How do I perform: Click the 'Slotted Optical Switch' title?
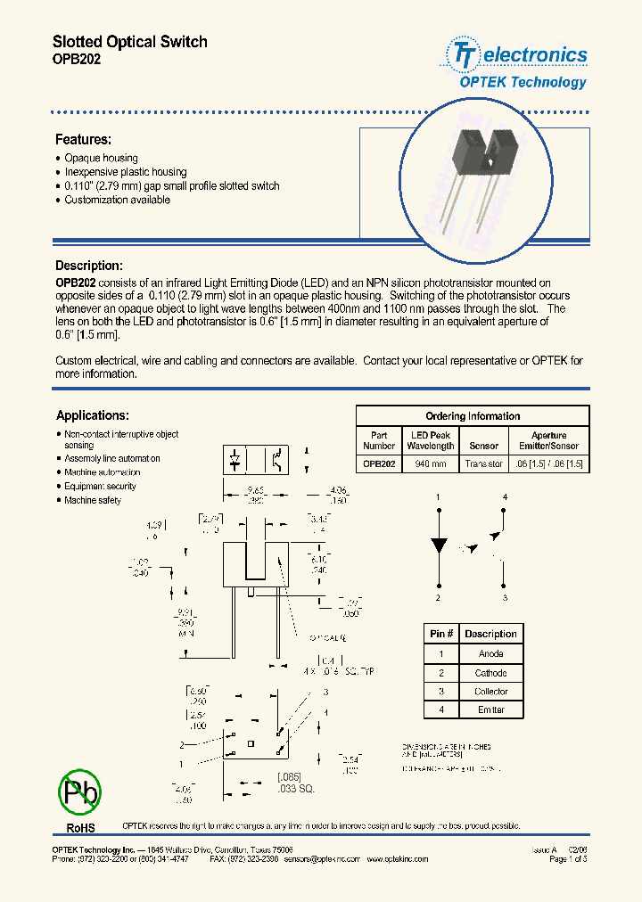(x=129, y=42)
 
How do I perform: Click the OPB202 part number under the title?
(x=77, y=59)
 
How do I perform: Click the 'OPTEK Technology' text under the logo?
(x=523, y=82)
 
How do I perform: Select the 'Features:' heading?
(x=83, y=140)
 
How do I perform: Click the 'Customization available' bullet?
(x=117, y=201)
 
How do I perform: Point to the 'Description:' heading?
(x=88, y=266)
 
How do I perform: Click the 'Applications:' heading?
(x=92, y=415)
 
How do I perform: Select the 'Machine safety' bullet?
(x=92, y=501)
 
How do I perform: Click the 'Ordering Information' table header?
(x=473, y=416)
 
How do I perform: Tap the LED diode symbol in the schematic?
(x=438, y=545)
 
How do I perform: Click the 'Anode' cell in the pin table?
(x=490, y=653)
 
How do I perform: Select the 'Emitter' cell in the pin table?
(x=490, y=710)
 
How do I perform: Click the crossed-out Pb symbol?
(x=80, y=791)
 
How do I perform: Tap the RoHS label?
(x=80, y=827)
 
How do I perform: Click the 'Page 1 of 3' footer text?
(x=568, y=859)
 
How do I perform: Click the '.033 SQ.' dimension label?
(x=295, y=789)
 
